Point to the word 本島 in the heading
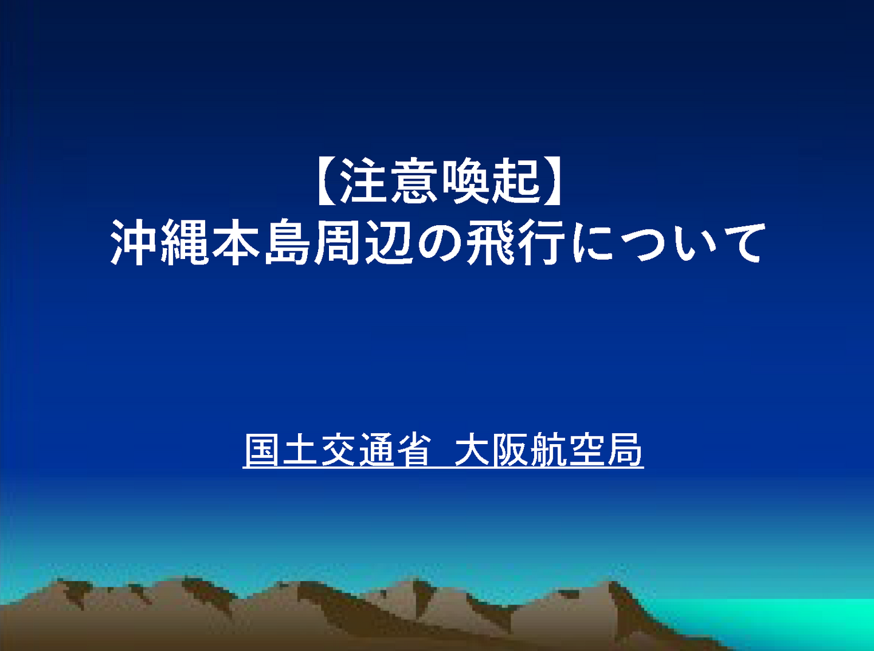click(260, 243)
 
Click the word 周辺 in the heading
click(362, 243)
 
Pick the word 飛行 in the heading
click(515, 243)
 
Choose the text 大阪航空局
click(549, 450)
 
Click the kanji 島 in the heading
click(286, 243)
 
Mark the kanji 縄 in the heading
click(185, 243)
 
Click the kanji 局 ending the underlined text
click(625, 450)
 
